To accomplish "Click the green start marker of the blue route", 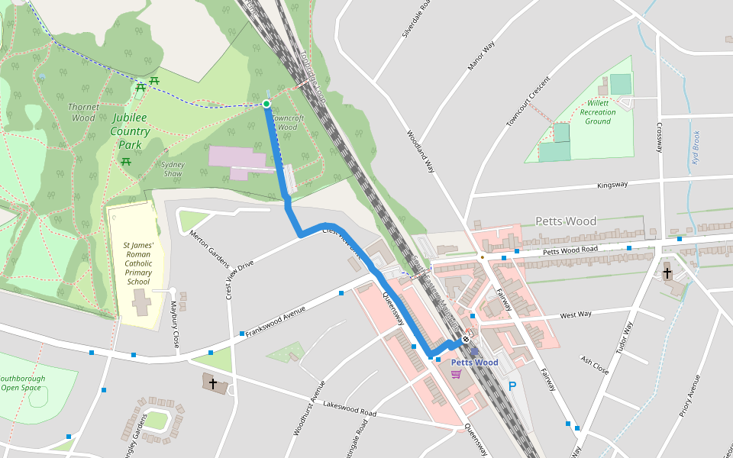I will (x=266, y=104).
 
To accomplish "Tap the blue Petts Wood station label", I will (x=474, y=363).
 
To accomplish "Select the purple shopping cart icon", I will (x=456, y=374).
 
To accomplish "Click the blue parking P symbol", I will (x=512, y=386).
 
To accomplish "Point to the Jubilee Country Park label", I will (x=131, y=131).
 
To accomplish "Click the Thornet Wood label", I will (x=82, y=112).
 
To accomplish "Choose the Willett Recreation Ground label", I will (x=598, y=112).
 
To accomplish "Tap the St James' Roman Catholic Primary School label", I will (x=138, y=263).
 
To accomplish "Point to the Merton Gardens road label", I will (x=209, y=249).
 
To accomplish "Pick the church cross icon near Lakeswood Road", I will (x=212, y=384).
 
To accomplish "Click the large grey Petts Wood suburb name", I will (x=566, y=221).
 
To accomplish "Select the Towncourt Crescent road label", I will (x=528, y=101).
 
